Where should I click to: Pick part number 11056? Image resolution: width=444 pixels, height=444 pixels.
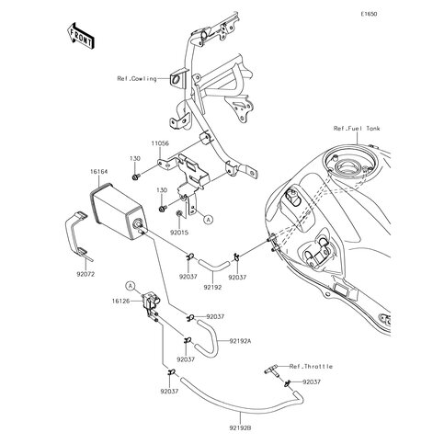click(160, 145)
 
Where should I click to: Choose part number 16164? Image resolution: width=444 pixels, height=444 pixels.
click(99, 171)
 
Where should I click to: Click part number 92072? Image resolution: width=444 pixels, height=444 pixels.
click(86, 274)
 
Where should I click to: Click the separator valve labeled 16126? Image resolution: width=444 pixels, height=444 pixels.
click(149, 302)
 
